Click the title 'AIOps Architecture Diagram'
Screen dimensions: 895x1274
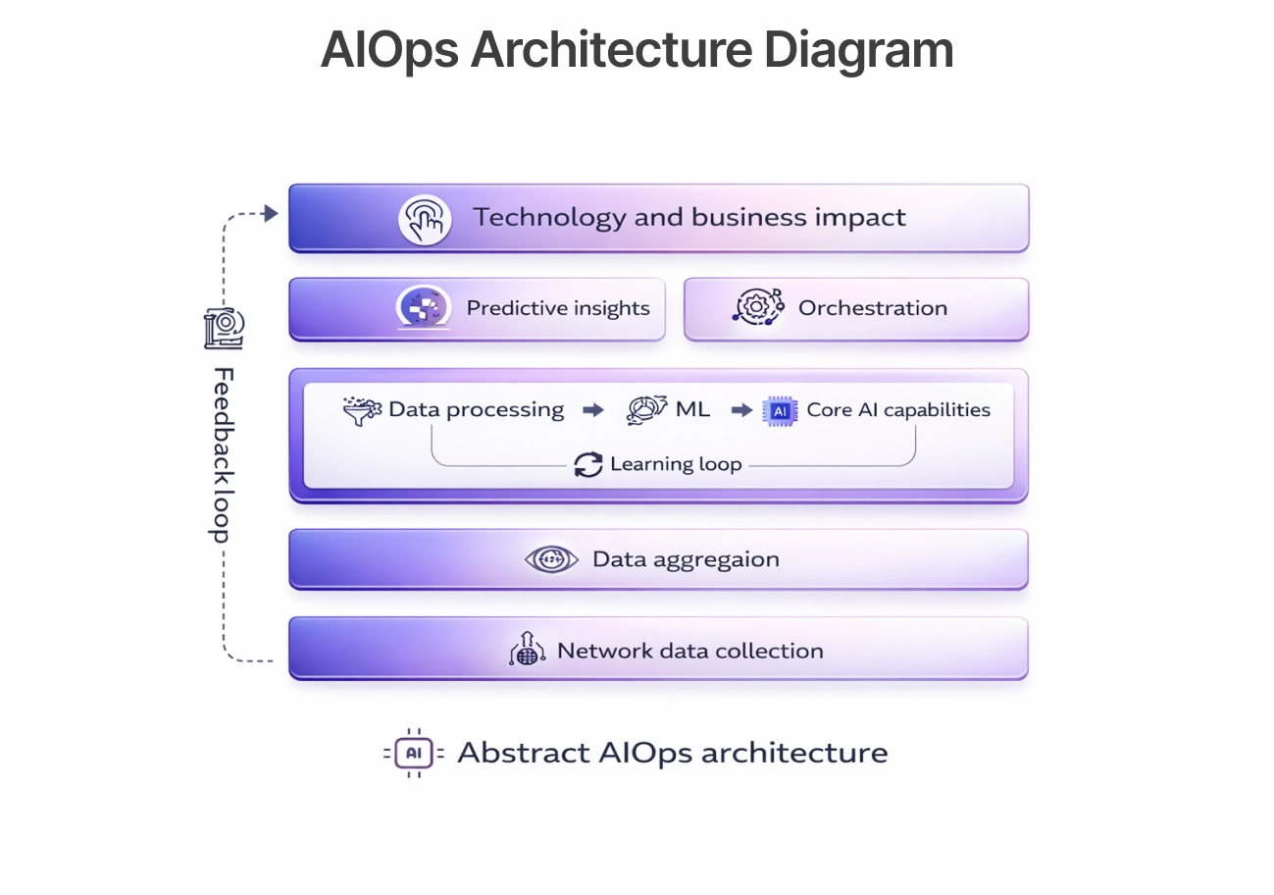tap(637, 50)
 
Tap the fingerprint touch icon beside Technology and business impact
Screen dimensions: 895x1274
tap(425, 219)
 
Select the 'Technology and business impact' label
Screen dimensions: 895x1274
tap(689, 217)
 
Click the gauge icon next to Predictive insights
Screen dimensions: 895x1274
tap(424, 308)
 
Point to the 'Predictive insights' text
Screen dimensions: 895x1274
tap(558, 308)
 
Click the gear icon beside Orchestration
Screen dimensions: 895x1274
tap(758, 307)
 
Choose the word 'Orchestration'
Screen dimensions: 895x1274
tap(873, 308)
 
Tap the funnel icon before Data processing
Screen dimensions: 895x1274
tap(362, 410)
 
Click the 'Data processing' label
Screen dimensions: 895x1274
tap(477, 409)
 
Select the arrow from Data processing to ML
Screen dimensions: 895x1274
tap(593, 410)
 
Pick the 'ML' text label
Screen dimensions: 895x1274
tap(692, 409)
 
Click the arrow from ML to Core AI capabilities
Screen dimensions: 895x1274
tap(742, 410)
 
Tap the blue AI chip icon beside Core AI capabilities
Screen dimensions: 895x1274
tap(781, 410)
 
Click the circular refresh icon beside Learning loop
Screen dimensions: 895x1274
tap(588, 464)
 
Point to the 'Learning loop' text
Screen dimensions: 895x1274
tap(676, 464)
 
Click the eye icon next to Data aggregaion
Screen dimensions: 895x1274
tap(551, 559)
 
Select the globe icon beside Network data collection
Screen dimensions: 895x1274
tap(528, 651)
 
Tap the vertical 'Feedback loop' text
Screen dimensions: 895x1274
tap(224, 454)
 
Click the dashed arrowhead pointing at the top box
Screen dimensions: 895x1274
tap(271, 213)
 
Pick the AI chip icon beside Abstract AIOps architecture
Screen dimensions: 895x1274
tap(414, 753)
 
